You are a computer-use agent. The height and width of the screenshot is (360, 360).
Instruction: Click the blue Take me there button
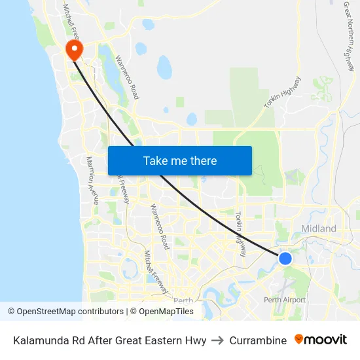coord(179,160)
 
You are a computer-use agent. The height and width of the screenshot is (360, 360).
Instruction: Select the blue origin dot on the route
coord(285,259)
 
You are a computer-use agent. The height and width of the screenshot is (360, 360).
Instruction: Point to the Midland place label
coord(319,228)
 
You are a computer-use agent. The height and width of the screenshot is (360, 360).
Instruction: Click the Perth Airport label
coord(285,300)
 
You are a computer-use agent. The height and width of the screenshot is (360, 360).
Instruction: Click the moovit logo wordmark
coord(326,340)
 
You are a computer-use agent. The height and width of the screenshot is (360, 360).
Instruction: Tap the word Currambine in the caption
coord(258,340)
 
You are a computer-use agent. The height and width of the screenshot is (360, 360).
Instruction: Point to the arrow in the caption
coord(218,340)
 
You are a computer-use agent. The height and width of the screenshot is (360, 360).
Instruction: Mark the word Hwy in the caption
coord(196,340)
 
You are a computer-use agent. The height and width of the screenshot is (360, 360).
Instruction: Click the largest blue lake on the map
coord(164,65)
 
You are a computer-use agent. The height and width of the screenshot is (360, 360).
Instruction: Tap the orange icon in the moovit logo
coord(299,339)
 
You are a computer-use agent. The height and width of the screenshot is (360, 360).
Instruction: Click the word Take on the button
coord(155,160)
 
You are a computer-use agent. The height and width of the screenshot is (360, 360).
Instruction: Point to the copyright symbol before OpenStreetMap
coord(11,312)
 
